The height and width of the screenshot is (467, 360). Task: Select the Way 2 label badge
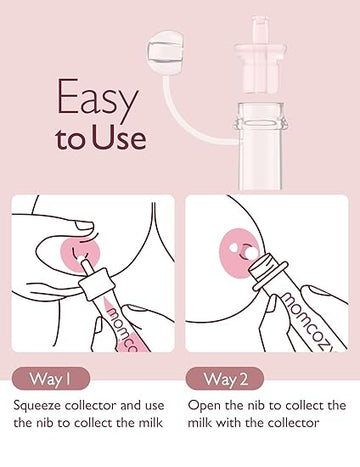tap(220, 379)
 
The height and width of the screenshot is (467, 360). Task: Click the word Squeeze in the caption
tap(39, 406)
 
